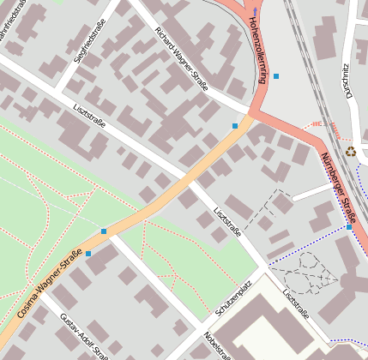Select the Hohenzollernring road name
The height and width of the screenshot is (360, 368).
click(x=254, y=52)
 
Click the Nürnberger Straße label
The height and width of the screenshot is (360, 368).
click(x=336, y=181)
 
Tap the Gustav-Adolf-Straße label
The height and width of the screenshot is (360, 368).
click(x=82, y=336)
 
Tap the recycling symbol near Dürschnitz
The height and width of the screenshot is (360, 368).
click(x=351, y=152)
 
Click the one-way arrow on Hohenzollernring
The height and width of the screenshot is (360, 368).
click(x=255, y=11)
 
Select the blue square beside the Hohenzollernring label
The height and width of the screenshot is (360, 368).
click(x=275, y=76)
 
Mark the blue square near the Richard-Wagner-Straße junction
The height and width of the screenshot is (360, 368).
click(x=235, y=126)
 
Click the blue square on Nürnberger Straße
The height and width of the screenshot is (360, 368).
click(x=349, y=226)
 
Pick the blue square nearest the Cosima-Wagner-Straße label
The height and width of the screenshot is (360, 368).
click(x=88, y=254)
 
